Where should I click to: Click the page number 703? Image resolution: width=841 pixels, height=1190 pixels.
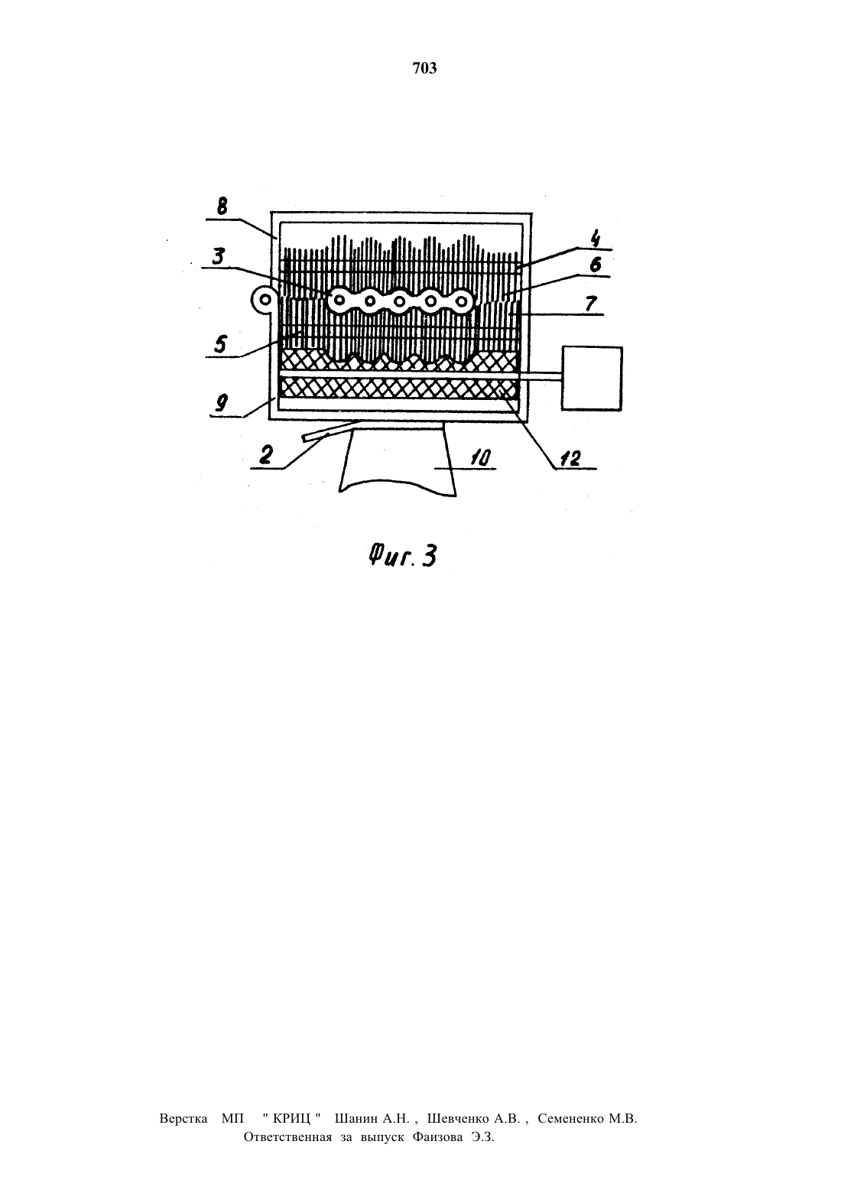pyautogui.click(x=424, y=68)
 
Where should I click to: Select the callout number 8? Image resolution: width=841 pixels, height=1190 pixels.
pyautogui.click(x=222, y=206)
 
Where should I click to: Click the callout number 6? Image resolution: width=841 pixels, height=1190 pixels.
pyautogui.click(x=596, y=265)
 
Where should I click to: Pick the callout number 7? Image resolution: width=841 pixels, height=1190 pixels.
pyautogui.click(x=590, y=304)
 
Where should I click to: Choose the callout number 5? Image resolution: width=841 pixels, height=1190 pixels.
pyautogui.click(x=220, y=343)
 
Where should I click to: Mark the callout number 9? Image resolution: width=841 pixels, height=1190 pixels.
pyautogui.click(x=222, y=403)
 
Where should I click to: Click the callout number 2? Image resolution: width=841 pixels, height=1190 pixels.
pyautogui.click(x=266, y=455)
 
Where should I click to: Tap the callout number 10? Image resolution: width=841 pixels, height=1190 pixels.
pyautogui.click(x=481, y=458)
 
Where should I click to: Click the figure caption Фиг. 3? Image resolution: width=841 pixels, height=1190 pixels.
pyautogui.click(x=403, y=556)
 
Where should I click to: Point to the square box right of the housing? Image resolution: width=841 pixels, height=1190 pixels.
pyautogui.click(x=592, y=379)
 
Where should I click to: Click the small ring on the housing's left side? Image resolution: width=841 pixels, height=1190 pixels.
pyautogui.click(x=264, y=300)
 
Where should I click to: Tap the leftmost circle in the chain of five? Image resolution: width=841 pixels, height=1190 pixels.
pyautogui.click(x=339, y=301)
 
